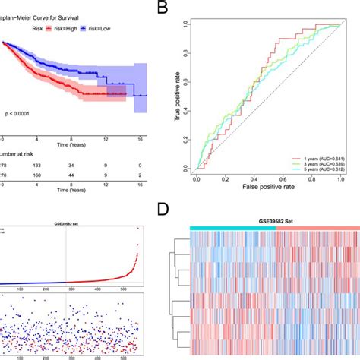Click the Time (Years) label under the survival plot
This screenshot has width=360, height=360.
71,141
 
